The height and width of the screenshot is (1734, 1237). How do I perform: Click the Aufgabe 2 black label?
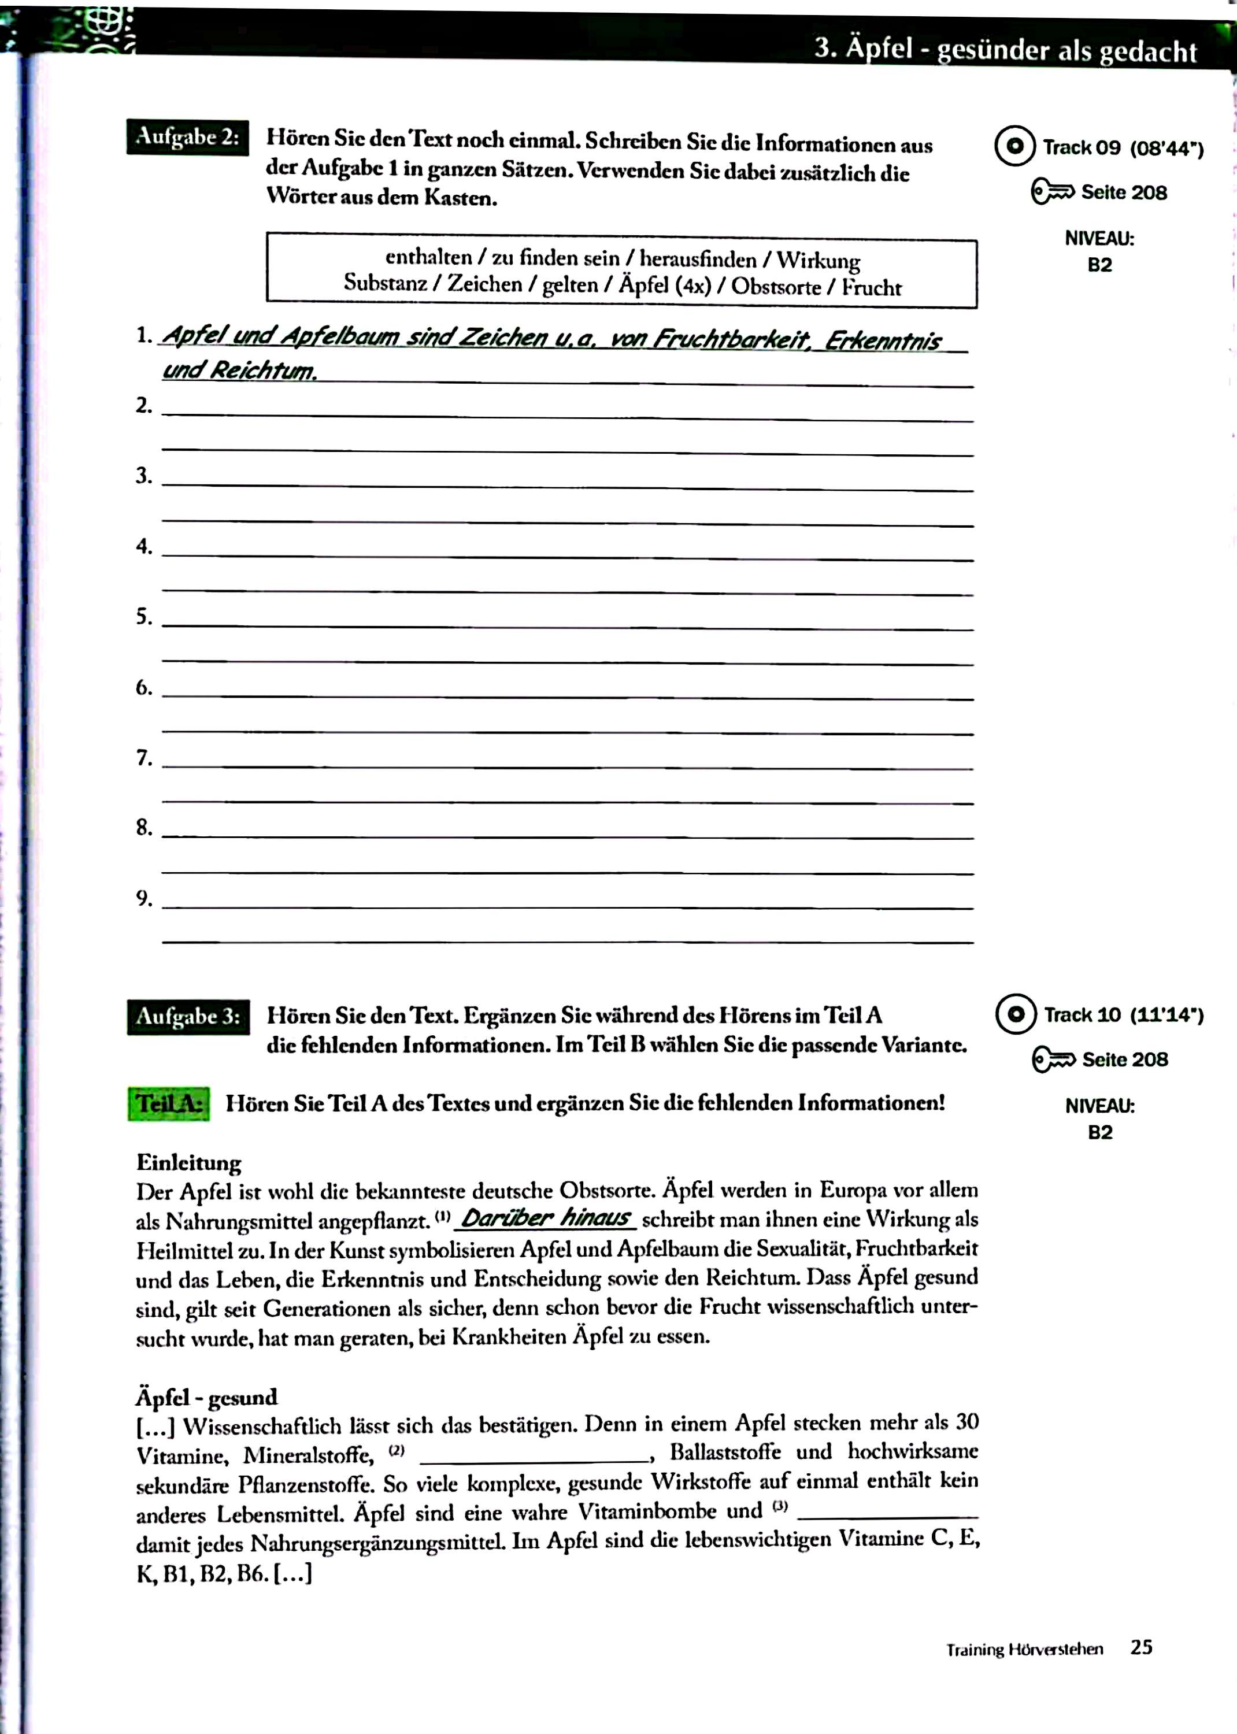pyautogui.click(x=187, y=138)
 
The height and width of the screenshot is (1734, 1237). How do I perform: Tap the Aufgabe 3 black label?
pyautogui.click(x=188, y=1017)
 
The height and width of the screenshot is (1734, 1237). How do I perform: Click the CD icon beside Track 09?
pyautogui.click(x=1014, y=146)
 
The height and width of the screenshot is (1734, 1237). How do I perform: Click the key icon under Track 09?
pyautogui.click(x=1052, y=192)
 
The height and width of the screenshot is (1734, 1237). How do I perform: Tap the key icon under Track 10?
pyautogui.click(x=1053, y=1059)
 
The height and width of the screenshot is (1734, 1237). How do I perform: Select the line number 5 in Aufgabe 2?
pyautogui.click(x=144, y=616)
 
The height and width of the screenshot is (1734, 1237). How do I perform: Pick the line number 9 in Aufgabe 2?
pyautogui.click(x=144, y=899)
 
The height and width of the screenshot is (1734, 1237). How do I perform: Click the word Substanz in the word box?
pyautogui.click(x=384, y=283)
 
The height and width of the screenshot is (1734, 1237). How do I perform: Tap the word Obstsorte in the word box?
pyautogui.click(x=775, y=286)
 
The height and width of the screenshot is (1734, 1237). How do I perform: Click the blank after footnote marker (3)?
pyautogui.click(x=887, y=1511)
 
